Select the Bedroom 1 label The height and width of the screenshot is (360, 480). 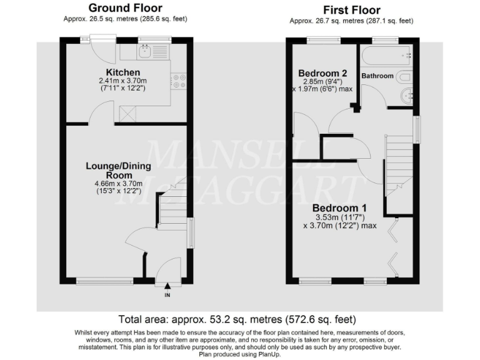pos(339,208)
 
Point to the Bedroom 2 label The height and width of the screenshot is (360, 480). pos(322,72)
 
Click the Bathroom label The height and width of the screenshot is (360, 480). pos(377,76)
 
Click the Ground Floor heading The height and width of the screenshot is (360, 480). pos(125,8)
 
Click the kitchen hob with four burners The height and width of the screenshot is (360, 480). pos(179,80)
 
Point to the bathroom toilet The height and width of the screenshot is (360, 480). pos(404,77)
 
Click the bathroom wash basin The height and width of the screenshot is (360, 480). pos(406,96)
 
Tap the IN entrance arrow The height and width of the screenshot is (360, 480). pos(167,287)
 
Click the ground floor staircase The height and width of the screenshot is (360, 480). pos(172,206)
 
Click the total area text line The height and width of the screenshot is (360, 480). pos(239,319)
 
